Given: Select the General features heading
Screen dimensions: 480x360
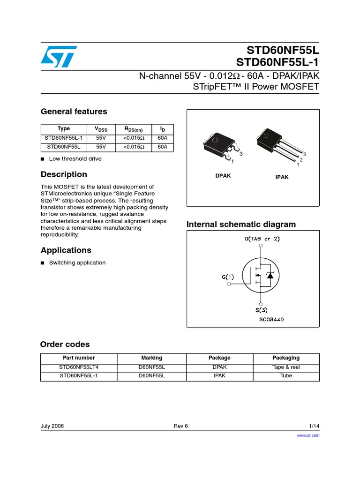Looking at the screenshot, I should tap(74, 112).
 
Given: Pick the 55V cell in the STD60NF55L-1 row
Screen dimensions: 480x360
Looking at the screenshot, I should tap(101, 138).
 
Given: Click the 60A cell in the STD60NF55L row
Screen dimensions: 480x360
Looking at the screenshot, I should tap(163, 147).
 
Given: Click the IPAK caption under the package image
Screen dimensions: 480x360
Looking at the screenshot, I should tap(282, 177).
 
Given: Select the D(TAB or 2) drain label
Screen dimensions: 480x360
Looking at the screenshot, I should tap(262, 239).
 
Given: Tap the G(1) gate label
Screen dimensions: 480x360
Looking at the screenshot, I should tap(228, 277).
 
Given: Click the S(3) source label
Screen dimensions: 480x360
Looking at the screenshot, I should tap(262, 310).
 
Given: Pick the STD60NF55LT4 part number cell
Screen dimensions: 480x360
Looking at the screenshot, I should tap(79, 367).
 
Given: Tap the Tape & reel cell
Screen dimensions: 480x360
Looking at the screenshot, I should tap(286, 367).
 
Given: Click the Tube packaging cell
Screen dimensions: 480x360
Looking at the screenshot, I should tap(286, 376).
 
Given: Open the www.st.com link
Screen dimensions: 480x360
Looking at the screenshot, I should tap(308, 435).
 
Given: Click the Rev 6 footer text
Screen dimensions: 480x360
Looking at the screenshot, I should tap(180, 426).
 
